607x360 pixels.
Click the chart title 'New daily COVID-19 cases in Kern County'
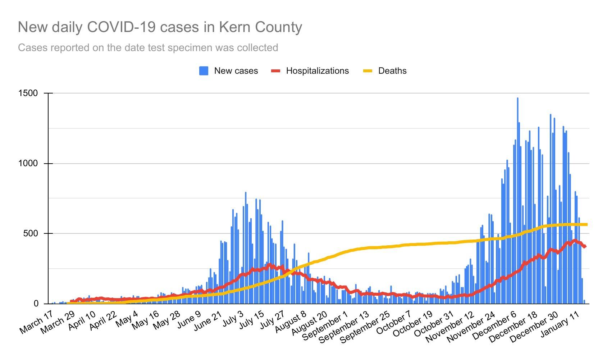click(x=160, y=27)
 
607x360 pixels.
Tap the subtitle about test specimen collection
click(x=148, y=47)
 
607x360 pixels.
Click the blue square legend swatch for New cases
click(x=204, y=71)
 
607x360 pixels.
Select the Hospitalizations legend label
click(x=317, y=71)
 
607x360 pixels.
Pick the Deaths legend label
click(x=392, y=71)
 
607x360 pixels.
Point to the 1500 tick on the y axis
click(x=28, y=93)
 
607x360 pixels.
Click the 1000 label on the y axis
click(x=28, y=163)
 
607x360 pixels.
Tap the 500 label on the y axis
click(x=31, y=233)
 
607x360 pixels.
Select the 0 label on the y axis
click(x=36, y=304)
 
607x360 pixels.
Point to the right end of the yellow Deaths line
click(x=586, y=224)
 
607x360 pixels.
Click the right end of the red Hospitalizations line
click(x=585, y=246)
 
